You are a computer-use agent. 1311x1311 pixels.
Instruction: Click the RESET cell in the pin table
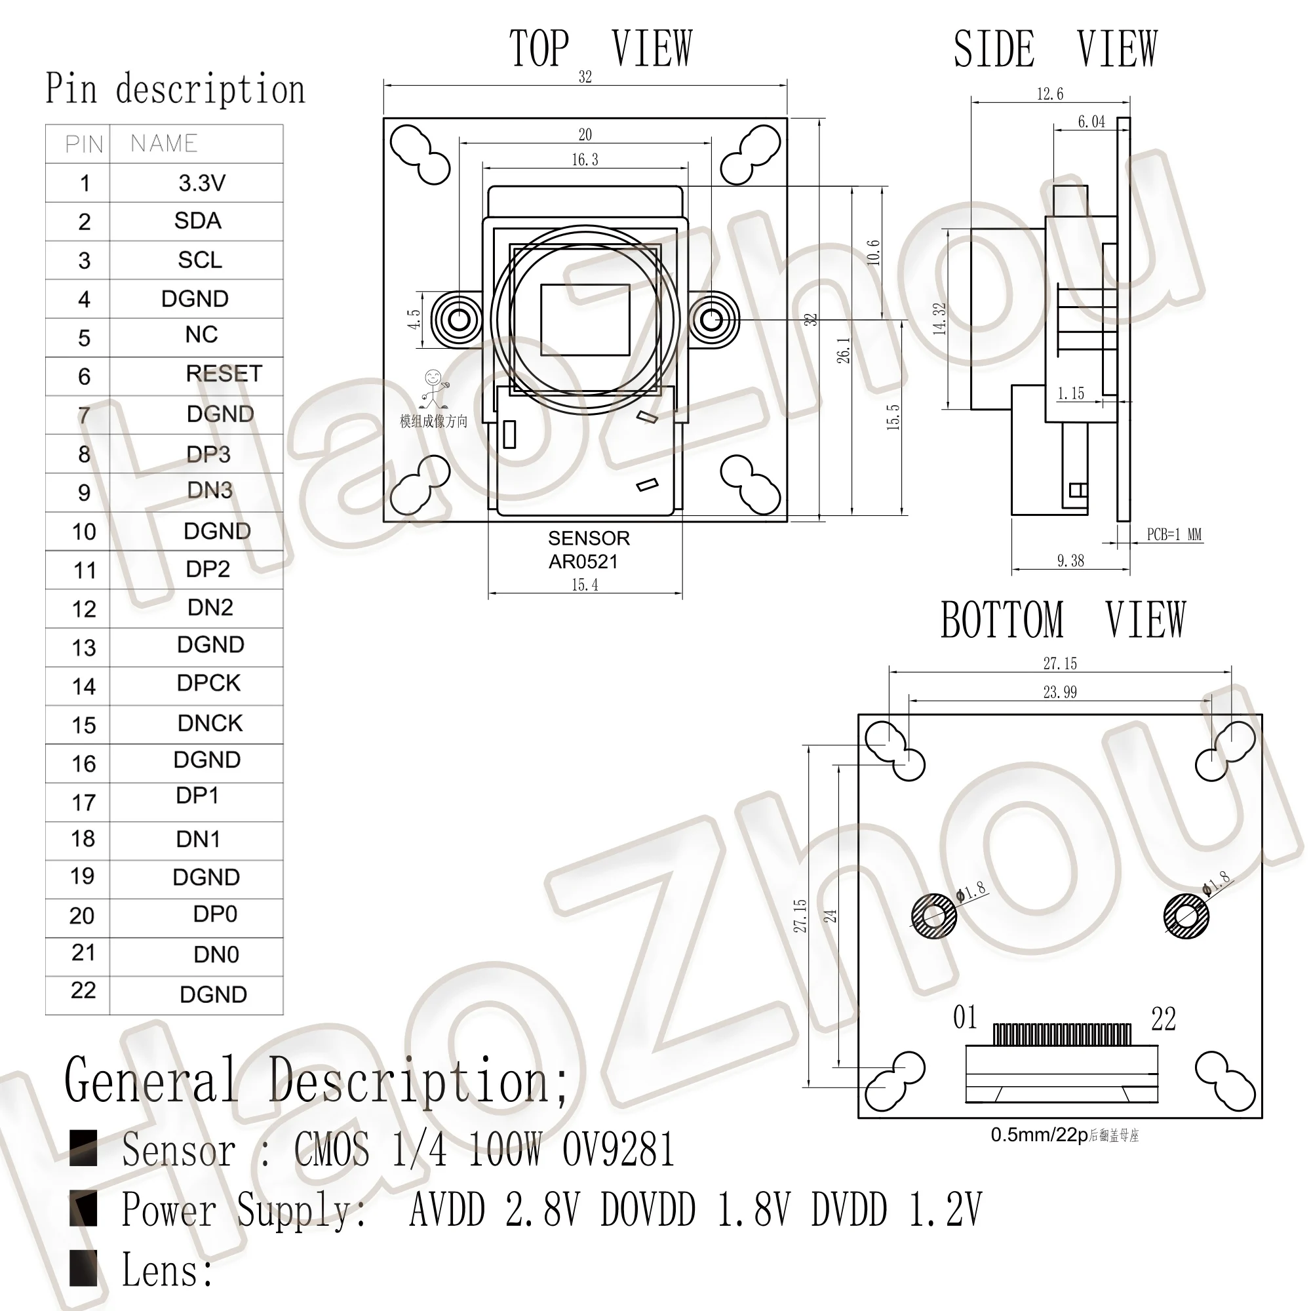tap(224, 374)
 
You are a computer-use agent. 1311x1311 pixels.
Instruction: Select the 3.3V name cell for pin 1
tap(201, 182)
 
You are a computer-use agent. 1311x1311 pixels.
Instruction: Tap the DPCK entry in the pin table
tap(208, 683)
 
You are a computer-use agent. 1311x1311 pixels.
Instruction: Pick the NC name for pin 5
tap(201, 334)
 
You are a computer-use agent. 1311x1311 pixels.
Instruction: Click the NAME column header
tap(165, 143)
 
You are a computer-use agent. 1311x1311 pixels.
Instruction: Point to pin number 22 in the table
tap(83, 990)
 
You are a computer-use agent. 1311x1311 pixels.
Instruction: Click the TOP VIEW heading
tap(600, 49)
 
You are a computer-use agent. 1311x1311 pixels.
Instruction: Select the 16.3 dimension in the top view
tap(584, 160)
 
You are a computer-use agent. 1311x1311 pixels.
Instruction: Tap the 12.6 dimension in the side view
tap(1049, 94)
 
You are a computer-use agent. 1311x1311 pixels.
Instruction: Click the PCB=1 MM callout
tap(1173, 535)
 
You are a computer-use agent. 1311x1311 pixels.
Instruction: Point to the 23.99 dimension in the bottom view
tap(1059, 692)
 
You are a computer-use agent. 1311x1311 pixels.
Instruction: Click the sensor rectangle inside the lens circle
tap(585, 320)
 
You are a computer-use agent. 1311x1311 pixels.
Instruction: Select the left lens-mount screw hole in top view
tap(460, 319)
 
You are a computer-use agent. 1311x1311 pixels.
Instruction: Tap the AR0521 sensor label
tap(583, 562)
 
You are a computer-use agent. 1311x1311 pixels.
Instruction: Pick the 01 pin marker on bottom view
tap(964, 1018)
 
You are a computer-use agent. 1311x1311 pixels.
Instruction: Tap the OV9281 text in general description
tap(617, 1150)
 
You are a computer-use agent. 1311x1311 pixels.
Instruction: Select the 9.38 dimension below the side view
tap(1070, 560)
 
